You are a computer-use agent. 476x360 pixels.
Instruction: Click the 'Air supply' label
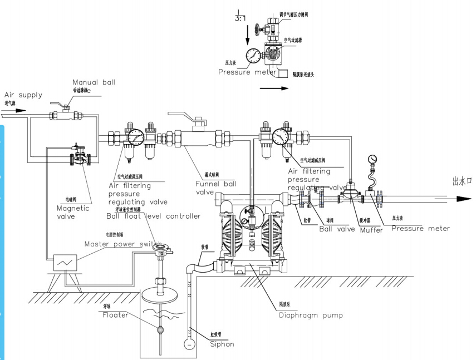tap(23, 95)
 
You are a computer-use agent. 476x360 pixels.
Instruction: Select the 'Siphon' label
tap(222, 344)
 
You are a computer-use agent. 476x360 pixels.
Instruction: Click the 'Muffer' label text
tap(371, 229)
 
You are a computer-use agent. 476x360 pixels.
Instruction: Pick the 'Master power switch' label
tap(122, 244)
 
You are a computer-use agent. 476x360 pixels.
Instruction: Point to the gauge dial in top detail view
tap(254, 56)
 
